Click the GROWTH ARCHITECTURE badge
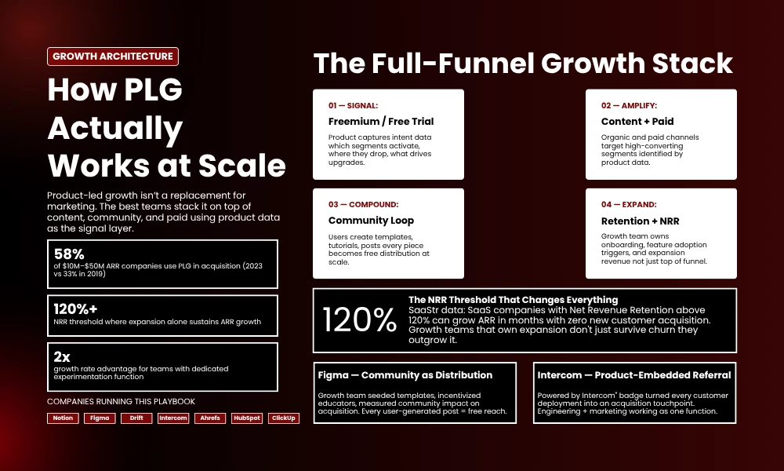point(113,57)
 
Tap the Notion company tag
point(63,418)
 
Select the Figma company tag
point(100,418)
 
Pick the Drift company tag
point(136,418)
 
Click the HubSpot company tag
point(247,418)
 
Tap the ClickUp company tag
point(284,418)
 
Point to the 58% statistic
point(70,254)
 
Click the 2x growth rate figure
point(62,356)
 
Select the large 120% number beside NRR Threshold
point(360,320)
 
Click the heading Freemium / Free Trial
point(381,122)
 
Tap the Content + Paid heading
point(637,122)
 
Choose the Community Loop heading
point(371,221)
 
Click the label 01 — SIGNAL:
point(353,105)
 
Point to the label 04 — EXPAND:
point(628,204)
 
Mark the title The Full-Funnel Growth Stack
point(523,64)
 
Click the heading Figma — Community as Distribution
point(405,375)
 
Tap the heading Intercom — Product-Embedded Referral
point(634,375)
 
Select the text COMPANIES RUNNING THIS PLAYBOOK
point(121,401)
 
